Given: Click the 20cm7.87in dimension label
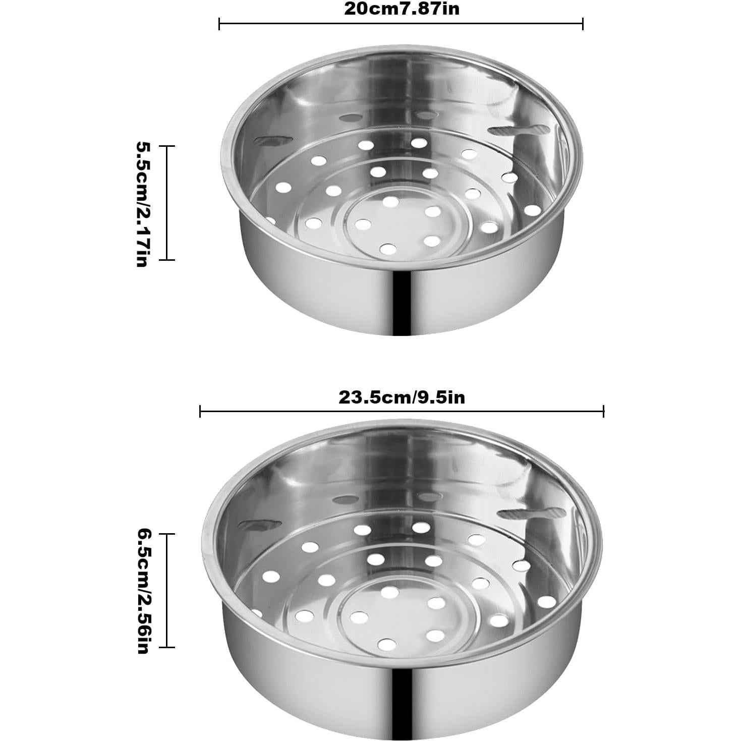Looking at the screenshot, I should pyautogui.click(x=402, y=9).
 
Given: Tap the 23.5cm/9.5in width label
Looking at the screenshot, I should pyautogui.click(x=402, y=397).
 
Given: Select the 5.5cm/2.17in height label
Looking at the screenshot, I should pyautogui.click(x=142, y=203).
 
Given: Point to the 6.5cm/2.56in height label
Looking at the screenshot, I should pyautogui.click(x=142, y=591).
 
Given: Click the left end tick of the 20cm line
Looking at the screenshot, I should pyautogui.click(x=219, y=24).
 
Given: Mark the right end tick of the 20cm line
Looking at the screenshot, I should pyautogui.click(x=583, y=24).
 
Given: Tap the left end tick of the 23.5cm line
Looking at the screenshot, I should pyautogui.click(x=200, y=412).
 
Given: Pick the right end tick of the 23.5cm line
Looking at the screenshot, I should pyautogui.click(x=603, y=412).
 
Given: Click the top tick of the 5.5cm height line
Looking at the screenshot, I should pyautogui.click(x=167, y=146).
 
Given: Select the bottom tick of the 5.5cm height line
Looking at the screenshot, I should pyautogui.click(x=167, y=260).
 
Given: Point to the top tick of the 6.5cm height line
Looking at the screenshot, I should pyautogui.click(x=167, y=534).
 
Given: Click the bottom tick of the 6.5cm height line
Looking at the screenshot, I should pyautogui.click(x=167, y=647).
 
